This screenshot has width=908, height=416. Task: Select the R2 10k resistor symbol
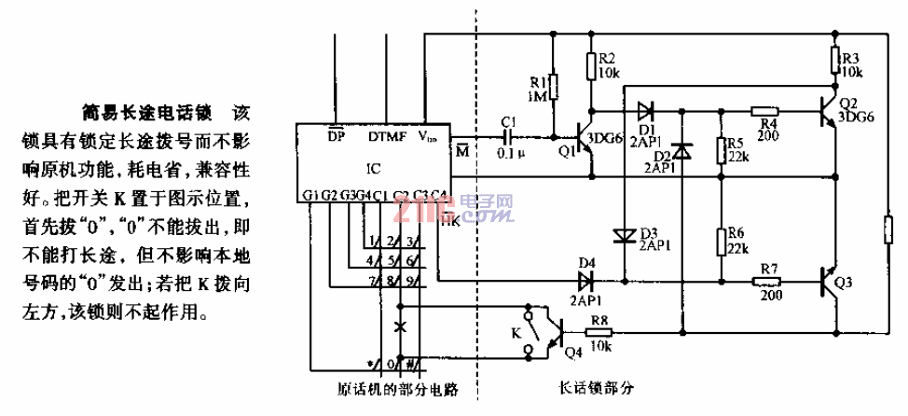point(591,66)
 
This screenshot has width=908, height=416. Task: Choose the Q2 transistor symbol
point(829,109)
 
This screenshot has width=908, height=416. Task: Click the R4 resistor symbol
point(765,109)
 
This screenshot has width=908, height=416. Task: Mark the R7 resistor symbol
point(766,279)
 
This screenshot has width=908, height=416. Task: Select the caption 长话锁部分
point(597,388)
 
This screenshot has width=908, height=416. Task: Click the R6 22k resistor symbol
point(721,243)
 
